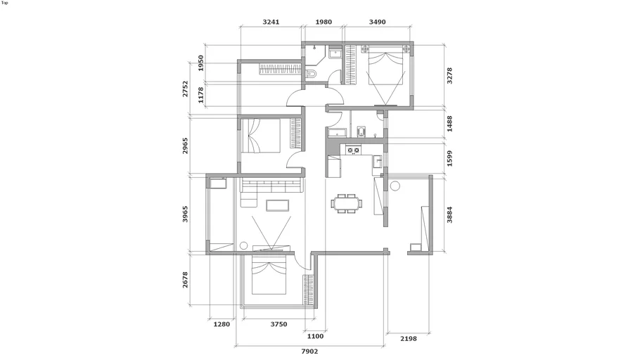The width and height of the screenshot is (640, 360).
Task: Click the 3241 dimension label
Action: click(x=271, y=22)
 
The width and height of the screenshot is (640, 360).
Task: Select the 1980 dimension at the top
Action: click(x=324, y=22)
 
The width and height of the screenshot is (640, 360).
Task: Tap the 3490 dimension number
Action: click(x=377, y=22)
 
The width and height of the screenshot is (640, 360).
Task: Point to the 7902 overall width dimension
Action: click(x=309, y=351)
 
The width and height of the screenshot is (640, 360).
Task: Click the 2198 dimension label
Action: click(x=408, y=338)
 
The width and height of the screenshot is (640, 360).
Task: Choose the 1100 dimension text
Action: click(x=315, y=336)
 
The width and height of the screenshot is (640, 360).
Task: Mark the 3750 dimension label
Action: click(x=279, y=324)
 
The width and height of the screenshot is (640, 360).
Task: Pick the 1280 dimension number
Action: click(x=222, y=324)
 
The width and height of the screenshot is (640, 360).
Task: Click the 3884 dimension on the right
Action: click(x=449, y=214)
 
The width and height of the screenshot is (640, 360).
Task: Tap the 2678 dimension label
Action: click(x=185, y=280)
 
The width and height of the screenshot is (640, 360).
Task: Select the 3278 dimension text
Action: click(x=449, y=76)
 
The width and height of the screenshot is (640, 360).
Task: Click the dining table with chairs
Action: click(x=347, y=203)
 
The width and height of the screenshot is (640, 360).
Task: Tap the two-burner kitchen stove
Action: click(x=354, y=150)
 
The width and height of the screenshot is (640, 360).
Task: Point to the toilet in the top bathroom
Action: click(x=311, y=74)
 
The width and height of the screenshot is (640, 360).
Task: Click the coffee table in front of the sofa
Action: click(x=278, y=205)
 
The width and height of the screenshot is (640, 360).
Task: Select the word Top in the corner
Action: click(x=4, y=3)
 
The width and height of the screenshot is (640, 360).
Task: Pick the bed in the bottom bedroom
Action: click(x=269, y=274)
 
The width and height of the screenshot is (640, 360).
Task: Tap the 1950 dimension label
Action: click(x=200, y=63)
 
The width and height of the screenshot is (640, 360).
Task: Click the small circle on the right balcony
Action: click(x=395, y=186)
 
